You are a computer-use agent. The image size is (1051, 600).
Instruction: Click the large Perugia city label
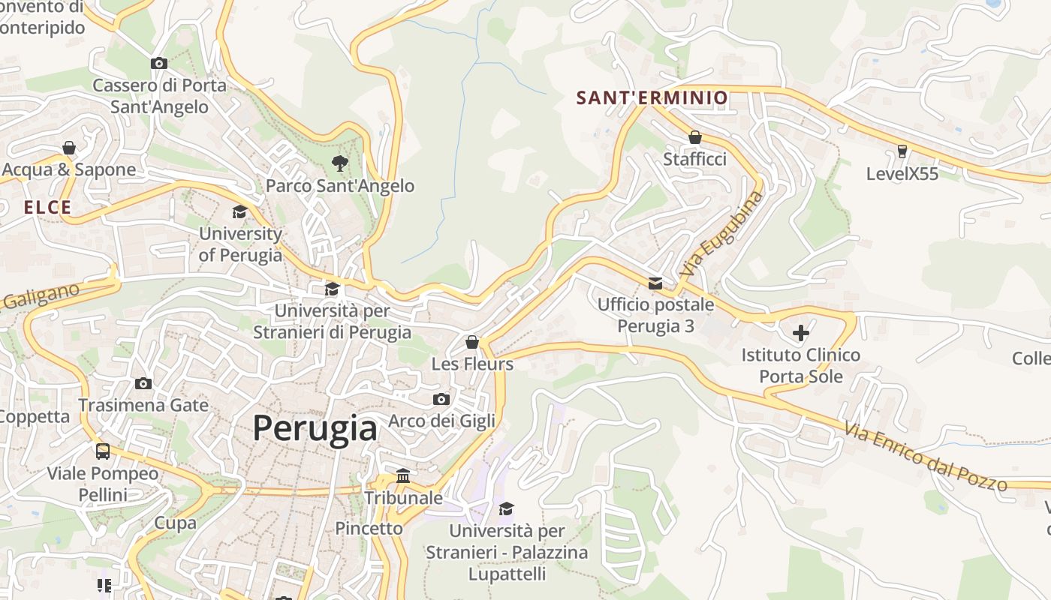(315, 428)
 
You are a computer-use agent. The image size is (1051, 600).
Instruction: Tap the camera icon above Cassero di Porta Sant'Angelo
(158, 64)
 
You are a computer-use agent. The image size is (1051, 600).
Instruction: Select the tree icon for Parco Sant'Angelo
(340, 163)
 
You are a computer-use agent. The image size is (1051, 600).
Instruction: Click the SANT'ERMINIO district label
(652, 97)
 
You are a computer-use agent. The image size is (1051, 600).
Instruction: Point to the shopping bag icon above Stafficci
(695, 137)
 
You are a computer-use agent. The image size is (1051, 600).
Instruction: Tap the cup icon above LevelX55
(902, 151)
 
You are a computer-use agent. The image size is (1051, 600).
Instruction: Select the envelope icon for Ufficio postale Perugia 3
(655, 283)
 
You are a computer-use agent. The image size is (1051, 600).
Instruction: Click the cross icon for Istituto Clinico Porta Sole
(800, 332)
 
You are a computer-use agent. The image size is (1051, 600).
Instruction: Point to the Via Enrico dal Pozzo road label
(925, 457)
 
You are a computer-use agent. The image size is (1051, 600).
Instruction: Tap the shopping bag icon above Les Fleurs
(472, 342)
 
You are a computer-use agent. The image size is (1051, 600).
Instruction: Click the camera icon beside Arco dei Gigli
(441, 399)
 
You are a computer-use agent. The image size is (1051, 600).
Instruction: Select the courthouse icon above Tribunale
(403, 476)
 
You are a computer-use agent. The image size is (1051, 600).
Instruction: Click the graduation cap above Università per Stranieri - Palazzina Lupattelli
(507, 508)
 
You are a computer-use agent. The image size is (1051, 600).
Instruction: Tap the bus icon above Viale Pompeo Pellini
(103, 451)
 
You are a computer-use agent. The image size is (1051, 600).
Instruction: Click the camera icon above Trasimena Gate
(143, 383)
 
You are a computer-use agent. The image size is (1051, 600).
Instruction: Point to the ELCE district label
(47, 208)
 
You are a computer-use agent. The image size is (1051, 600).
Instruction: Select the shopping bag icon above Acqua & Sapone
(69, 147)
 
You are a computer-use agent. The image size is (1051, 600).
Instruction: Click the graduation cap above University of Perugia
(239, 212)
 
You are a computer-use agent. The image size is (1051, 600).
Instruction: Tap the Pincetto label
(369, 528)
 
